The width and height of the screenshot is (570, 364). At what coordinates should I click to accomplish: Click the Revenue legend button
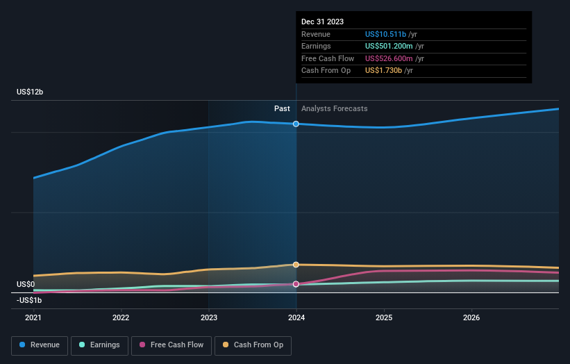(x=40, y=345)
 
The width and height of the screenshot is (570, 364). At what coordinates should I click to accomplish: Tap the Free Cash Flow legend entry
(x=171, y=345)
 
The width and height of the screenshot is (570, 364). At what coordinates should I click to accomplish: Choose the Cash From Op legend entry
(x=253, y=345)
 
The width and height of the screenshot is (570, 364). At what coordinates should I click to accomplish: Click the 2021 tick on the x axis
(x=33, y=318)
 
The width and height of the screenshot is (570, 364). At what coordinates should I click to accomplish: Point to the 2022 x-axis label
(x=121, y=318)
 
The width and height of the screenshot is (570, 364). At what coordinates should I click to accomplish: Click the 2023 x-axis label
(x=208, y=318)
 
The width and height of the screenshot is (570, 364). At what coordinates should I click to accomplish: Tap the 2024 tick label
(x=296, y=318)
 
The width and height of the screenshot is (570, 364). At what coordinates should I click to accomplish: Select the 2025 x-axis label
(x=384, y=318)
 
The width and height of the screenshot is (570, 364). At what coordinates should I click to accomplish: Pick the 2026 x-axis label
(x=471, y=318)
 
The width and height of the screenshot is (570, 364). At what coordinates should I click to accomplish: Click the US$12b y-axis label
(x=31, y=92)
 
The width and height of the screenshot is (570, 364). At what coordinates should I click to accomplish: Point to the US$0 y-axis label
(x=26, y=284)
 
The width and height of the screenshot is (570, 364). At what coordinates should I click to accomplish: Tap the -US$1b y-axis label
(x=29, y=300)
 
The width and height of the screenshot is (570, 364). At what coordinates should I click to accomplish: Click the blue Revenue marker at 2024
(x=296, y=124)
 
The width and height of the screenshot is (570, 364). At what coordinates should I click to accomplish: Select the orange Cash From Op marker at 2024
(x=296, y=265)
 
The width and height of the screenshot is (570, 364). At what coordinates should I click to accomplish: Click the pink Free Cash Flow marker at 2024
(x=296, y=284)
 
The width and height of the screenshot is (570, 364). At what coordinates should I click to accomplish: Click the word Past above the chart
(x=282, y=108)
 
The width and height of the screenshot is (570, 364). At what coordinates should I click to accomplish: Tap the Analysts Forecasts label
(x=334, y=108)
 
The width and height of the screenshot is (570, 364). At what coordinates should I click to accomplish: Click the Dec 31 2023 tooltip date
(x=322, y=22)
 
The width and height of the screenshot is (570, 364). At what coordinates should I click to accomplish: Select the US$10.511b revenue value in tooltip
(x=385, y=34)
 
